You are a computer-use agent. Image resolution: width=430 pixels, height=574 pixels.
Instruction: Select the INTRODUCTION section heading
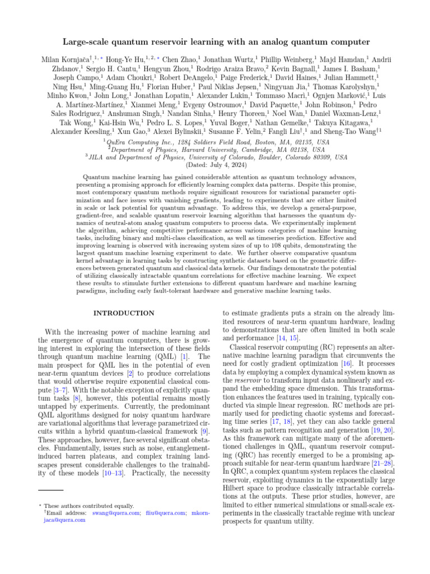coord(124,313)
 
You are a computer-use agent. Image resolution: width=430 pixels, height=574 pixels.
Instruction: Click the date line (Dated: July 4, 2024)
coord(214,165)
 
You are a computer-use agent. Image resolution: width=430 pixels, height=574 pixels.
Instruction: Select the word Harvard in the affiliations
coord(208,150)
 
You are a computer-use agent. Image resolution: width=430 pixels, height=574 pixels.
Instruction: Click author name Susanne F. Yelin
coord(252,132)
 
